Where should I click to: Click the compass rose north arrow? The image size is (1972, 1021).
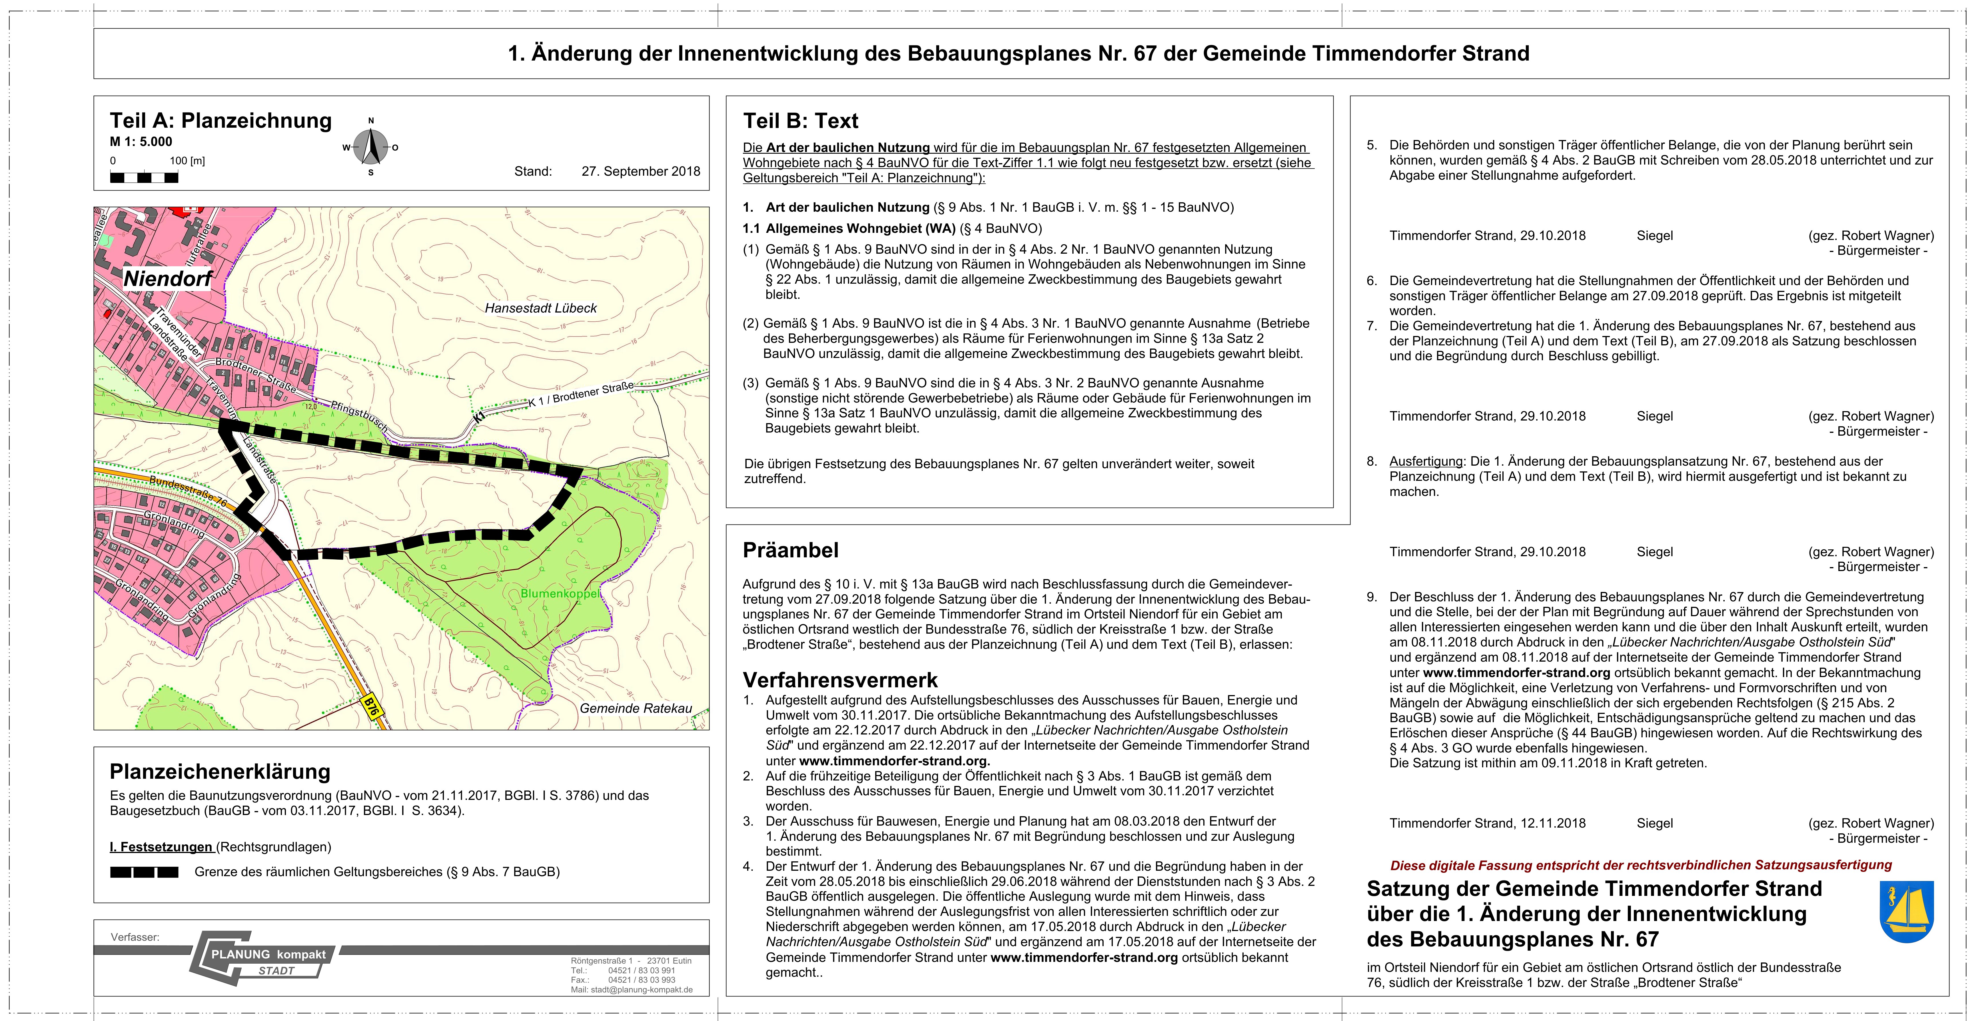371,145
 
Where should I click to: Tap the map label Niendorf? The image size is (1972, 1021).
168,279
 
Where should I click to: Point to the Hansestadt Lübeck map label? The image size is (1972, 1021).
540,308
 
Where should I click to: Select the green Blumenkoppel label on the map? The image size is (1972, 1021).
560,593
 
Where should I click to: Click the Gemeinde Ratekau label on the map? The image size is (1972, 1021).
636,708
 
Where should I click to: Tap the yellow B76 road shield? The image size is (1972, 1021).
371,706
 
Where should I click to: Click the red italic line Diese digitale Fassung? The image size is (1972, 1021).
1641,865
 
